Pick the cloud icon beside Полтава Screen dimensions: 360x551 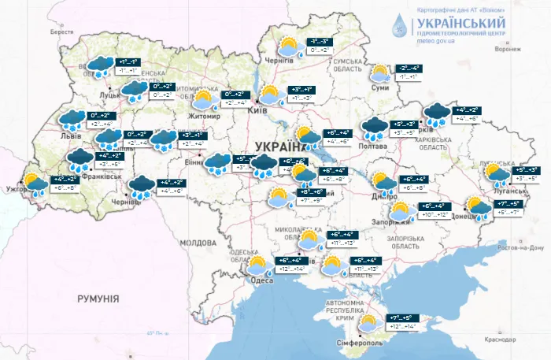pyautogui.click(x=374, y=127)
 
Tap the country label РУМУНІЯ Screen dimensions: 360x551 pyautogui.click(x=98, y=299)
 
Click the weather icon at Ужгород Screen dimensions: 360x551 pyautogui.click(x=35, y=183)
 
